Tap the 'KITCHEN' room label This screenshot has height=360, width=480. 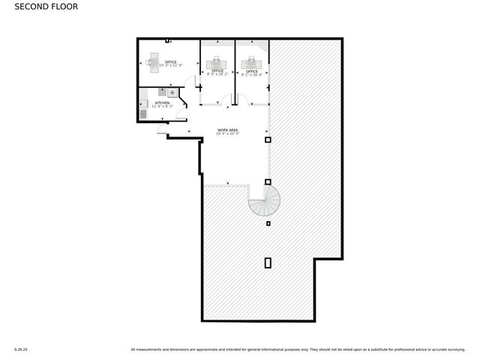(162, 103)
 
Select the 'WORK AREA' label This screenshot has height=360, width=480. (227, 130)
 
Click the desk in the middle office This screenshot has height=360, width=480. (217, 61)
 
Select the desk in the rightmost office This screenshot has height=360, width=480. (251, 61)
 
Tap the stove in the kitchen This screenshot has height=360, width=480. (172, 93)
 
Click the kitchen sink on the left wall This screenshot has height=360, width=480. (143, 114)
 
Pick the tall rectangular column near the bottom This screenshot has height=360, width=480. (268, 262)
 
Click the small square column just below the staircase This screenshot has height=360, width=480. (268, 223)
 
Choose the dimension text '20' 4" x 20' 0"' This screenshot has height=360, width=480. (227, 135)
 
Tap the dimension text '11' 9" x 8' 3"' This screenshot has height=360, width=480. (162, 106)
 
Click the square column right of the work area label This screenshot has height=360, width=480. (268, 139)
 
